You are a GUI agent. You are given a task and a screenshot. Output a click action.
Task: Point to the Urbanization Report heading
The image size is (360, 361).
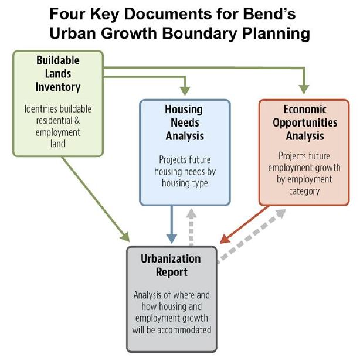tap(171, 265)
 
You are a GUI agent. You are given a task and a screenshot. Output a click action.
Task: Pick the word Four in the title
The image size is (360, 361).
tap(69, 13)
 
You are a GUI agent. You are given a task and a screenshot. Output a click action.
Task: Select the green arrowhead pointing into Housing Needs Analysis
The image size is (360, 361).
tap(185, 91)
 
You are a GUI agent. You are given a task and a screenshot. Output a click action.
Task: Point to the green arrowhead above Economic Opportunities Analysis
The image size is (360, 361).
tap(303, 89)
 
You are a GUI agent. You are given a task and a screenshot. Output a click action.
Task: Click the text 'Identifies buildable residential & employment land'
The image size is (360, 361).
tap(58, 126)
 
